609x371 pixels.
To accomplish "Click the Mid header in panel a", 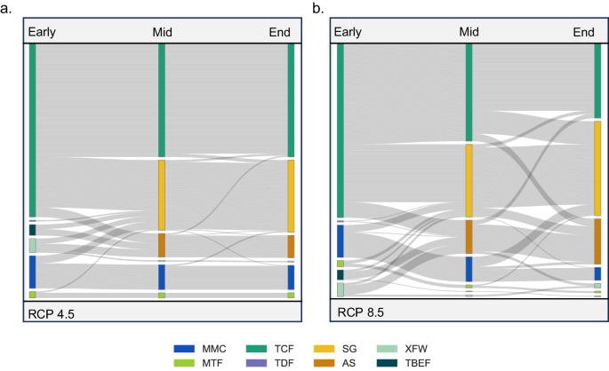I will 161,33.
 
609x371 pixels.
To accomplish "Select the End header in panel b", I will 583,33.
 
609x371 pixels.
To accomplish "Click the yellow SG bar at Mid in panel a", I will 162,195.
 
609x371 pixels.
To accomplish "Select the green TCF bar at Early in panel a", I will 33,129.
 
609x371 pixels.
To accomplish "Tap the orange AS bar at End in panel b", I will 597,241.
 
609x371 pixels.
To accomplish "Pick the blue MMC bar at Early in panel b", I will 341,241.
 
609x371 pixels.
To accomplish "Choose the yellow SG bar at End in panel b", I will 597,168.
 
